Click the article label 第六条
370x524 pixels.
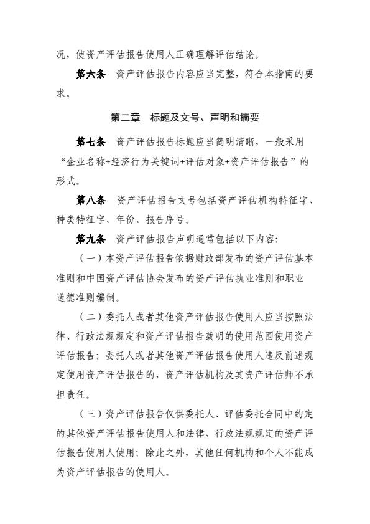point(90,74)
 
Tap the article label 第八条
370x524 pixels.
point(90,200)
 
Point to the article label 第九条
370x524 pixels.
point(90,239)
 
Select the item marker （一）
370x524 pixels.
point(90,258)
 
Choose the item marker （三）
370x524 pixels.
point(90,413)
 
